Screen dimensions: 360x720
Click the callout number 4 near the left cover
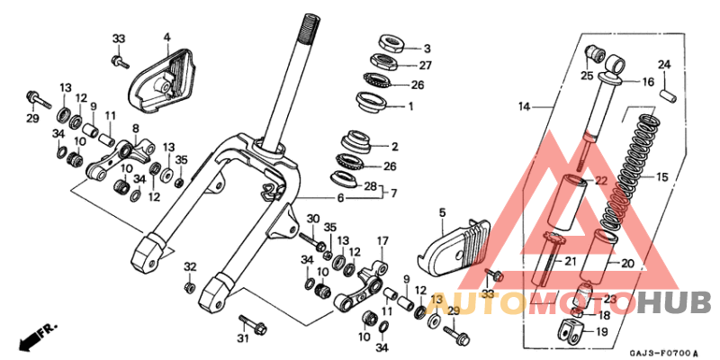tap(166, 37)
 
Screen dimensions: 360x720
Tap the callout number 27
tap(426, 66)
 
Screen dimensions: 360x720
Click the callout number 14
tap(524, 107)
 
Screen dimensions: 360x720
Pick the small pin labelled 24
tap(665, 90)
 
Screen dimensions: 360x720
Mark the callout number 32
tap(190, 266)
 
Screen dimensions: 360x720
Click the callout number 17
tap(382, 241)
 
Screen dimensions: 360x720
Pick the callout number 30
tap(313, 220)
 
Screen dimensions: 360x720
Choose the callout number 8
tap(135, 129)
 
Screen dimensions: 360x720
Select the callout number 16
tap(647, 81)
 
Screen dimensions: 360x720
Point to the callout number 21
tap(569, 261)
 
